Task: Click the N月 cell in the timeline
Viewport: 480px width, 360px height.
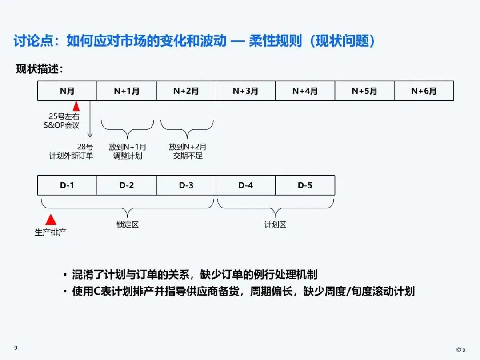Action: [x=67, y=91]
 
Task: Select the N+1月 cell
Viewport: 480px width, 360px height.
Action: [x=127, y=91]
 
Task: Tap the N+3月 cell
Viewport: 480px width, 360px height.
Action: [x=245, y=91]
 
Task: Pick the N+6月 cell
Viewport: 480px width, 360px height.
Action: [x=424, y=91]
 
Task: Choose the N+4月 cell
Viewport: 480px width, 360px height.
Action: [x=305, y=91]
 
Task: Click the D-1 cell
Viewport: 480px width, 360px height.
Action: [x=67, y=185]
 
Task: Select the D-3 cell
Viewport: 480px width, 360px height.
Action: [x=186, y=185]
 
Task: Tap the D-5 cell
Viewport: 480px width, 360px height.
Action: [x=305, y=185]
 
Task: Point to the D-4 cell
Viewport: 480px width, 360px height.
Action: [x=245, y=185]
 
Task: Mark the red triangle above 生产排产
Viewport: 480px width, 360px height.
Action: [x=51, y=219]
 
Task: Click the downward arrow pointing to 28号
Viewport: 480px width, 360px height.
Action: [x=90, y=129]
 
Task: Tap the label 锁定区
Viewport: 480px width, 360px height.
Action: [x=128, y=224]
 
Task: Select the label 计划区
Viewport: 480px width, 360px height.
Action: [x=275, y=224]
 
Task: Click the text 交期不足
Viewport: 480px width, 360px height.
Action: [x=188, y=156]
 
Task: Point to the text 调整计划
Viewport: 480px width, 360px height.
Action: [x=128, y=156]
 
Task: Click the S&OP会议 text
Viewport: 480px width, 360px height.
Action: [x=64, y=125]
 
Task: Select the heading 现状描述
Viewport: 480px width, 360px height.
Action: [x=40, y=69]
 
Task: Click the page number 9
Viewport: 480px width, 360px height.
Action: [x=16, y=348]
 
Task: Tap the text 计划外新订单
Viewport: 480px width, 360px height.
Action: [x=71, y=156]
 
